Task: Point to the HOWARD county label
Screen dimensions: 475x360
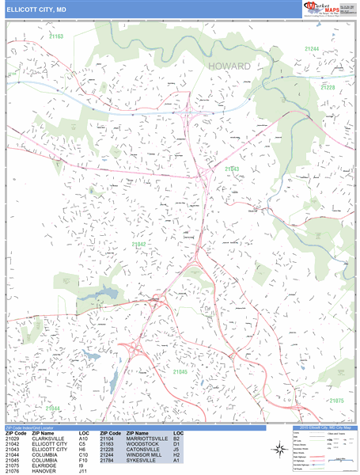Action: tap(229, 66)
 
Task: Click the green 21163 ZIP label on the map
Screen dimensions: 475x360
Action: tap(55, 36)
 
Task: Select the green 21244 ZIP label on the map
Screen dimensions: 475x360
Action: tap(311, 49)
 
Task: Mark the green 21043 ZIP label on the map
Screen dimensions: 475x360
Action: tap(232, 169)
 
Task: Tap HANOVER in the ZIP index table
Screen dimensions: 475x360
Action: tap(42, 469)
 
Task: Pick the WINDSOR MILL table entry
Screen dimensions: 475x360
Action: tap(146, 454)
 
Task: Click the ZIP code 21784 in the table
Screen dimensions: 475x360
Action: tap(108, 459)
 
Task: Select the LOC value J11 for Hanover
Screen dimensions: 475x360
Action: tap(84, 469)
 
